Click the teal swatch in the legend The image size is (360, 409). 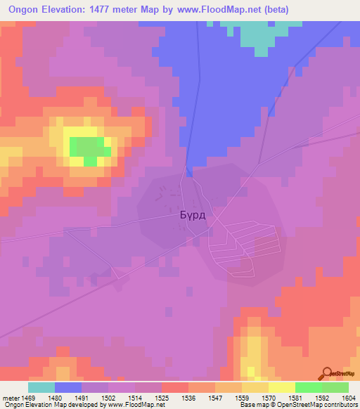41,388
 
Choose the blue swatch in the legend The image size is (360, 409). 68,388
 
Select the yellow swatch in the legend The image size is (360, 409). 282,388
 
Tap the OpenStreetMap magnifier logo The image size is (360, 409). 326,372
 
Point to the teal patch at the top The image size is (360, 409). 256,35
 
